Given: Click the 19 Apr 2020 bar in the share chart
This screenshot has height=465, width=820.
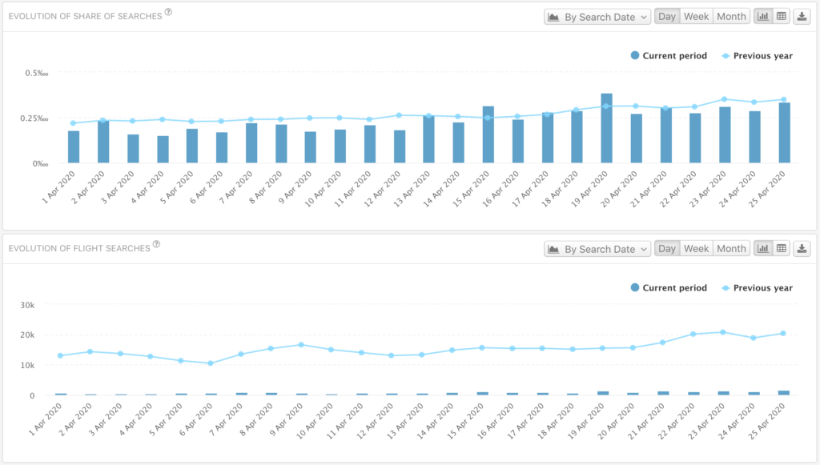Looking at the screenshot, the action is pyautogui.click(x=607, y=128).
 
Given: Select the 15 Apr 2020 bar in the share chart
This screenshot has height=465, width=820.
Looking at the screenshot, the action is pyautogui.click(x=488, y=134).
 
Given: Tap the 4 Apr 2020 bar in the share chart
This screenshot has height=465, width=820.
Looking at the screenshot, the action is pyautogui.click(x=163, y=150).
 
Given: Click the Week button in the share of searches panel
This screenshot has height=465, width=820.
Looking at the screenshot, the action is pyautogui.click(x=696, y=17).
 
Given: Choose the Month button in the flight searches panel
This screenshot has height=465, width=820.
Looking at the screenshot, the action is pyautogui.click(x=731, y=249).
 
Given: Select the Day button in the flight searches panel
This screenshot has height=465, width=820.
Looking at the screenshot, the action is pyautogui.click(x=667, y=249).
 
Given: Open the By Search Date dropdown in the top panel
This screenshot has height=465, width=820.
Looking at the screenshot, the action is pyautogui.click(x=597, y=17).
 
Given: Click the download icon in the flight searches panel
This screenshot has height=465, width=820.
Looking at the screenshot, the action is pyautogui.click(x=802, y=249).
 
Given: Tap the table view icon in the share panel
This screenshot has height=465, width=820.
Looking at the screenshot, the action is pyautogui.click(x=782, y=17).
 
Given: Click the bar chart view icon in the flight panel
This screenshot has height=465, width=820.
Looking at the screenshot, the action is pyautogui.click(x=763, y=249).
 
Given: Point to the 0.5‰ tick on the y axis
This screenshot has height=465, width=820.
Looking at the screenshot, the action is pyautogui.click(x=37, y=73).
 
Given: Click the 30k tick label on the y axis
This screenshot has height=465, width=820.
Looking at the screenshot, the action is pyautogui.click(x=27, y=305).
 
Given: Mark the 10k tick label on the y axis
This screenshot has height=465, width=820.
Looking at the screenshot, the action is pyautogui.click(x=27, y=365).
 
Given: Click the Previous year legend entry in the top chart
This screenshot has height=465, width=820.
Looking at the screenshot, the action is pyautogui.click(x=757, y=56).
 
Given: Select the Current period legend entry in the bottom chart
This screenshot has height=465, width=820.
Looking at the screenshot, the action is pyautogui.click(x=669, y=288).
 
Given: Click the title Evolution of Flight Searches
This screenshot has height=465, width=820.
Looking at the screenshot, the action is pyautogui.click(x=79, y=248).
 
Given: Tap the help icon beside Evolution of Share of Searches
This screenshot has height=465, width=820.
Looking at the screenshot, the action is pyautogui.click(x=168, y=12).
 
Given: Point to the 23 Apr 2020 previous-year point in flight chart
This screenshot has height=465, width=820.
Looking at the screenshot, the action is pyautogui.click(x=723, y=332).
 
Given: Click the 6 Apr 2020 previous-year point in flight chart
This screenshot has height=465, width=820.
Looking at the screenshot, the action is pyautogui.click(x=211, y=363).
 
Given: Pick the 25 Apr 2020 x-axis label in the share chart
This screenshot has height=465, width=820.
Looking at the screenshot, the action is pyautogui.click(x=767, y=189).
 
